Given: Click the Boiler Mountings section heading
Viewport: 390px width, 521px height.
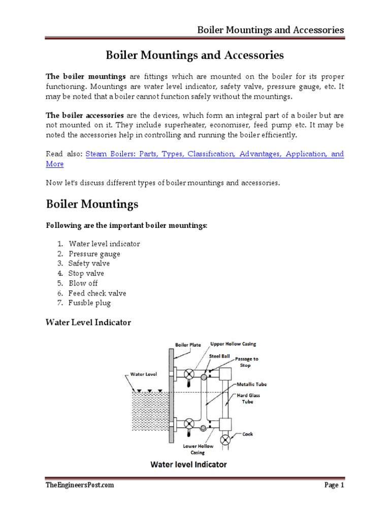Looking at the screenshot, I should click(92, 205).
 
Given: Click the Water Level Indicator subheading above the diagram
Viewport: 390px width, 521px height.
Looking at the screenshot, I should click(88, 323).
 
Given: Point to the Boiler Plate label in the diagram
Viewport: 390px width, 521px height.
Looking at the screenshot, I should click(188, 344).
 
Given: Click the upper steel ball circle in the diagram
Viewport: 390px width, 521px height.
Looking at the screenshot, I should click(204, 377).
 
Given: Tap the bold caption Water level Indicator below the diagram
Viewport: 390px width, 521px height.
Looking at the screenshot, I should click(188, 464).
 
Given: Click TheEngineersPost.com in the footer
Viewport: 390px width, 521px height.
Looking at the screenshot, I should click(80, 485).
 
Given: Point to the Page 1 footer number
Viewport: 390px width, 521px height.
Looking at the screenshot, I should click(334, 485).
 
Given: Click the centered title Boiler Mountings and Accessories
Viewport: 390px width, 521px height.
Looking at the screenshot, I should click(194, 55).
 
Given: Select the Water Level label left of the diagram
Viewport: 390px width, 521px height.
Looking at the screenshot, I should click(144, 374).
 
